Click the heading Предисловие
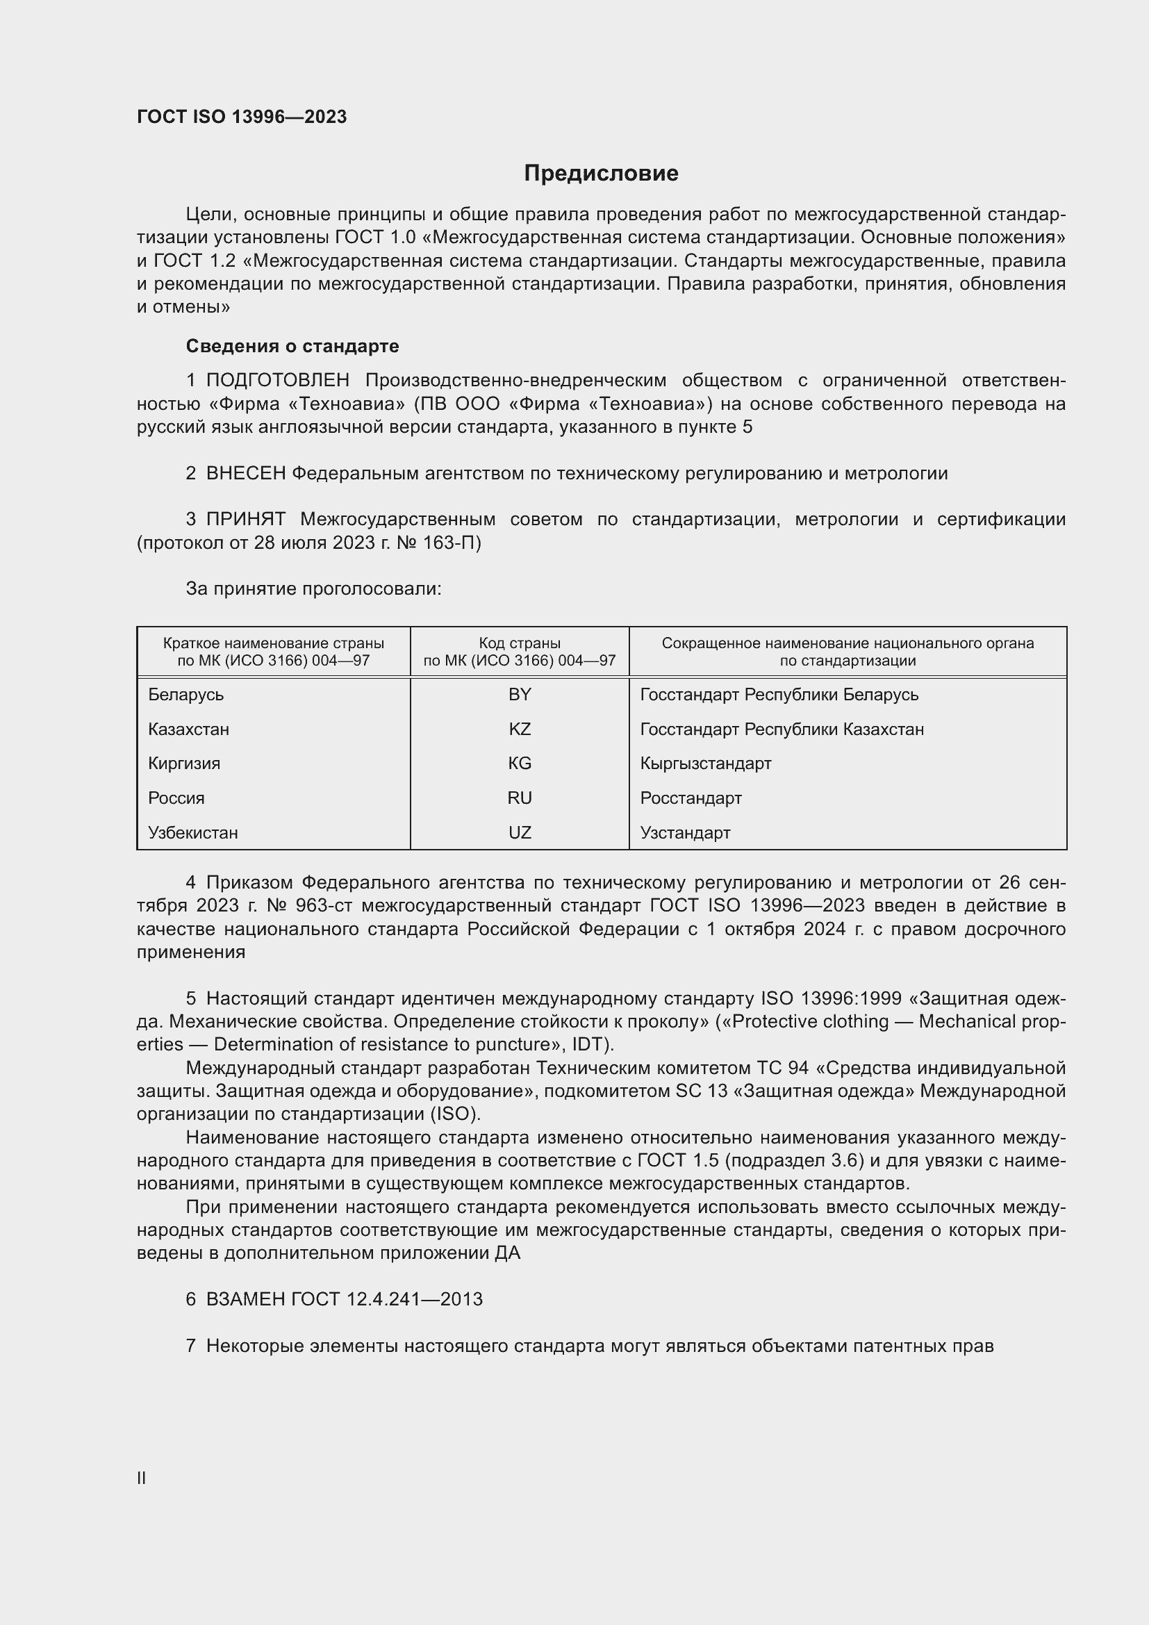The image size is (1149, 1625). [601, 174]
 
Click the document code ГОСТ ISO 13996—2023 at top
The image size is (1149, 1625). [242, 117]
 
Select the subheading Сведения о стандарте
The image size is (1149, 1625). [292, 346]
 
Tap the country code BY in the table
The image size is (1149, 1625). [520, 695]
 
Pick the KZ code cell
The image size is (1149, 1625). [520, 729]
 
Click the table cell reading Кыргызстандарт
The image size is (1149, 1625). [705, 764]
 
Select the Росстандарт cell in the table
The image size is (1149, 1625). [691, 798]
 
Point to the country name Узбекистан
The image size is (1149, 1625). [192, 833]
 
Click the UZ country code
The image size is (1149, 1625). [520, 833]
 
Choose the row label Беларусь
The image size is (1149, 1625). [185, 695]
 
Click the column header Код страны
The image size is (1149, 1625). [520, 643]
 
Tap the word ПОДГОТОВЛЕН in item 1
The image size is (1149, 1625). [277, 381]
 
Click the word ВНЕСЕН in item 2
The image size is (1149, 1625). [245, 474]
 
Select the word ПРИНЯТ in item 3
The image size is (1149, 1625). [245, 520]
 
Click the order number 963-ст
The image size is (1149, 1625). [322, 906]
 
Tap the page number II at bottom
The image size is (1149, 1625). [142, 1478]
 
